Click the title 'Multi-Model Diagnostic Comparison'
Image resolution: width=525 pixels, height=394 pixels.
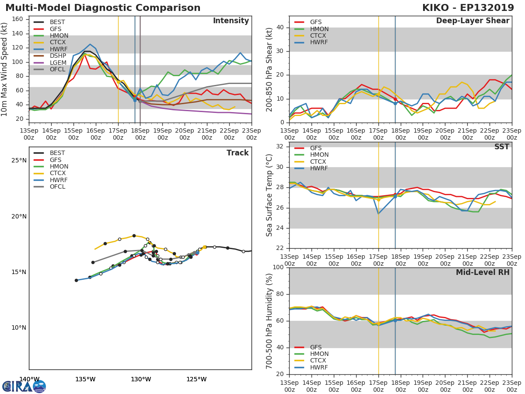(103, 8)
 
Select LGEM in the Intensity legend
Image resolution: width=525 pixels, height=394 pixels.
(58, 63)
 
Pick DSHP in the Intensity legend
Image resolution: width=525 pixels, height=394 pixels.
(58, 56)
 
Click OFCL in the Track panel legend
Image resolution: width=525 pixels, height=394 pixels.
(57, 187)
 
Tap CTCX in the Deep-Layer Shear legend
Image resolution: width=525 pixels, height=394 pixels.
(318, 36)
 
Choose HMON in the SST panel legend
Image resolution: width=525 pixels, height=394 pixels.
(319, 155)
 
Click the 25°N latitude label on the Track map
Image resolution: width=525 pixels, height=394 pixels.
(18, 161)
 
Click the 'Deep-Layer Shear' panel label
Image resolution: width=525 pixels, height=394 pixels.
(472, 21)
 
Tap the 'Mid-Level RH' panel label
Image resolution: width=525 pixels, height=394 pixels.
(483, 272)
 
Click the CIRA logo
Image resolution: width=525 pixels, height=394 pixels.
(24, 387)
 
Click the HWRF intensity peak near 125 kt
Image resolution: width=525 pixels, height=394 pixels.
(90, 44)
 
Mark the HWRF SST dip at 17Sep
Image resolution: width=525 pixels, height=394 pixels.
(378, 214)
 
